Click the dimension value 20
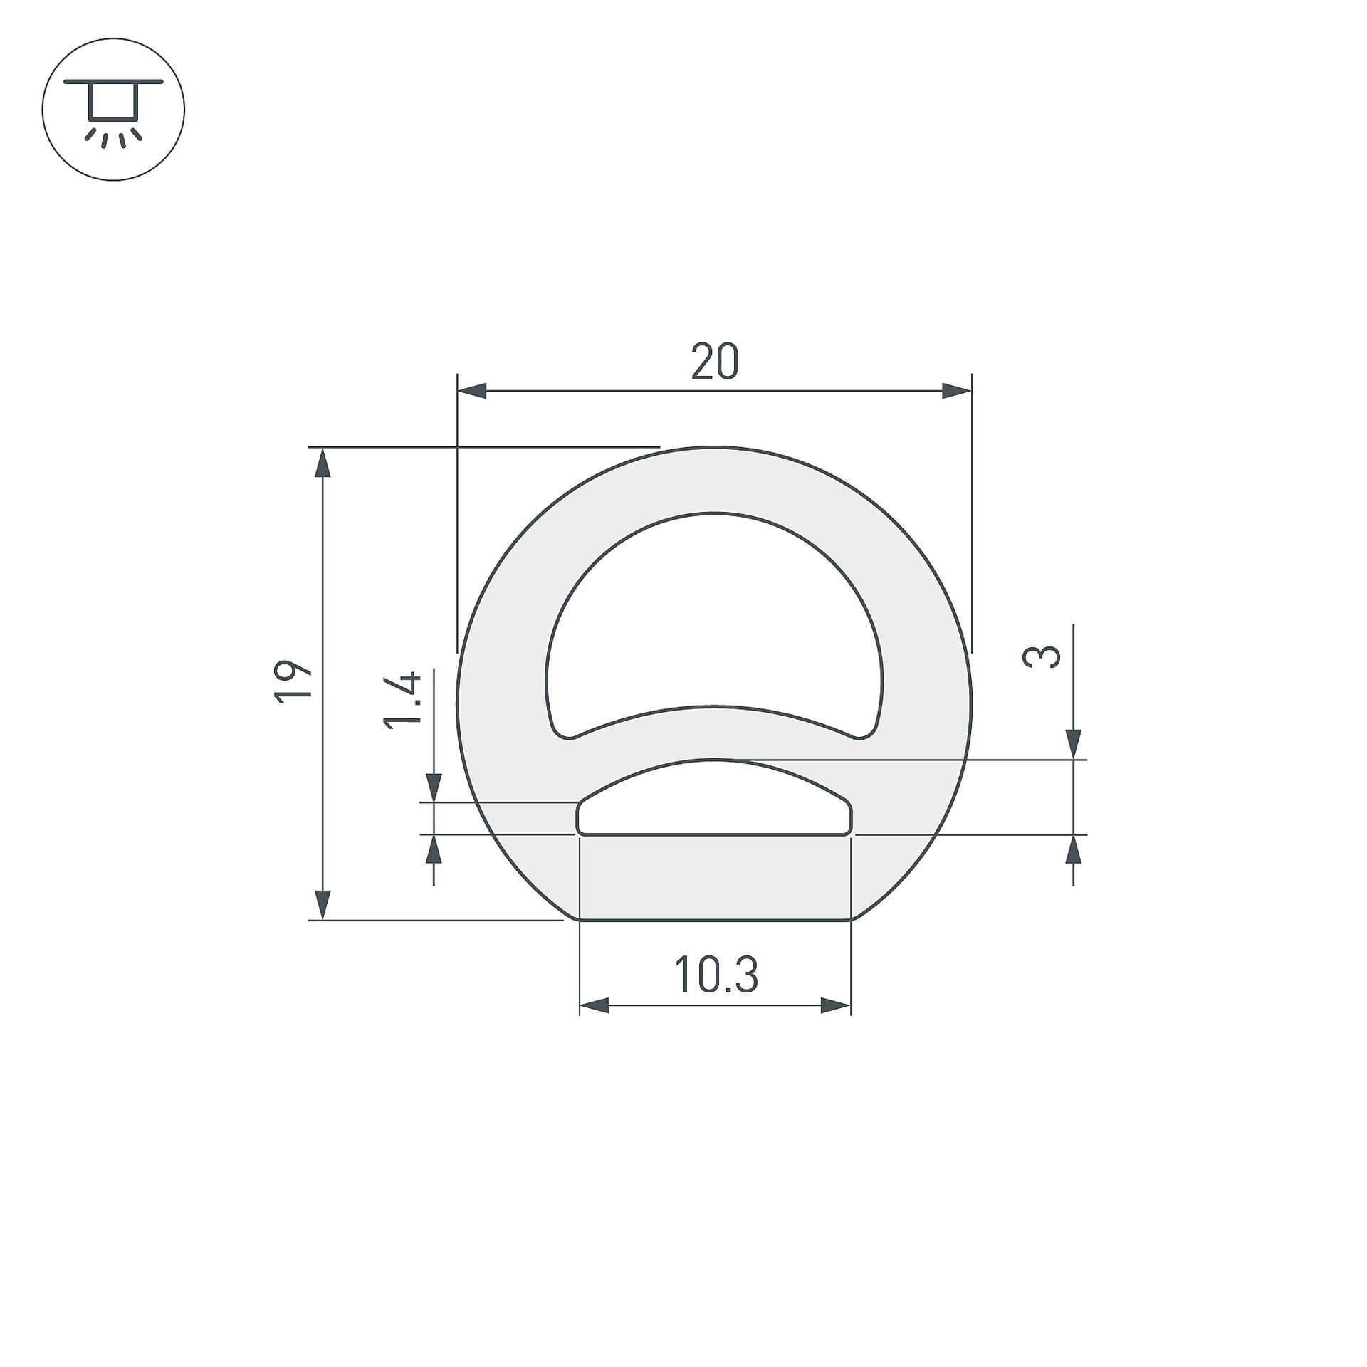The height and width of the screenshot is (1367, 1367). [715, 362]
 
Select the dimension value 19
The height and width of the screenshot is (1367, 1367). [293, 683]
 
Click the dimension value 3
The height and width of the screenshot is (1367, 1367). [1041, 656]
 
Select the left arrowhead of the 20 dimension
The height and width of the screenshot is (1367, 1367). [471, 391]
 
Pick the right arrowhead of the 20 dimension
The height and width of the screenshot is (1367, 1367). [957, 391]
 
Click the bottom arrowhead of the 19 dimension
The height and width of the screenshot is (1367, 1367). [323, 905]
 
